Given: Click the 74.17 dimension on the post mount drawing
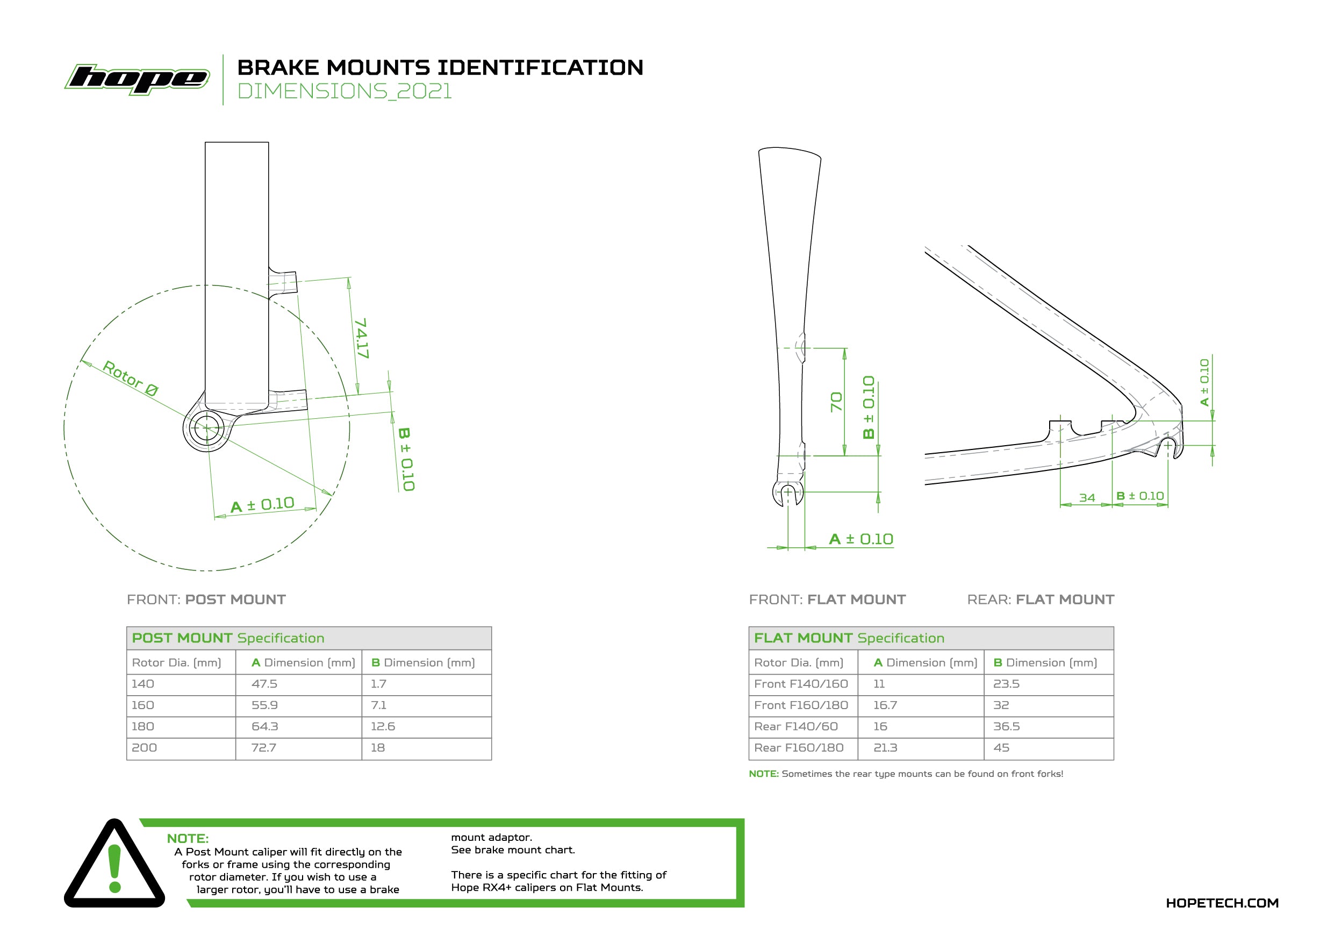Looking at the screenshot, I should pos(361,338).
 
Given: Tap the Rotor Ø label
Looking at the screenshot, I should pos(130,378).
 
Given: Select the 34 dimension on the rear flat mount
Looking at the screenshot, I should pos(1086,498).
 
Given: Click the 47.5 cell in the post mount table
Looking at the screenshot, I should pos(264,684).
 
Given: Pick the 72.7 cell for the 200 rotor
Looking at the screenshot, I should pos(263,748).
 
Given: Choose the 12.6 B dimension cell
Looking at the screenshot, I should pos(382,726).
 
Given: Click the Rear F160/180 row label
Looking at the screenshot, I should pos(798,748).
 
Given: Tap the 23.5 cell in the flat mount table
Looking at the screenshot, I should pos(1006,684).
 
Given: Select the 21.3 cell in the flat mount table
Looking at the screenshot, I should pos(885,748).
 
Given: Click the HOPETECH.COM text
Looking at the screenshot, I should pos(1221,903).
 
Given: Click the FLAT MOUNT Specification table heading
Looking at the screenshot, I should pos(849,638).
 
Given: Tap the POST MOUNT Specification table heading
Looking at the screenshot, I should pos(228,638).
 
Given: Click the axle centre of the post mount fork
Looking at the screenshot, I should pos(206,429).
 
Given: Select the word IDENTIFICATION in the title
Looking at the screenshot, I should pos(540,67).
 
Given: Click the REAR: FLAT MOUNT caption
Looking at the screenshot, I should pos(1040,599).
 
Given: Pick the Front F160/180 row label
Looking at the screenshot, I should pos(801,705).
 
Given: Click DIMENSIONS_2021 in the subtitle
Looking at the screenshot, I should pos(345,91).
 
